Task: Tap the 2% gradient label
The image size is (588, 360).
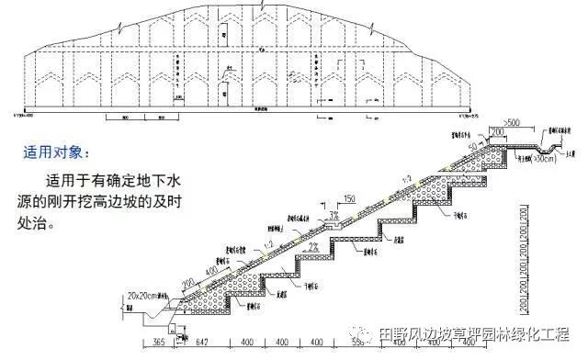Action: (313, 247)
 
